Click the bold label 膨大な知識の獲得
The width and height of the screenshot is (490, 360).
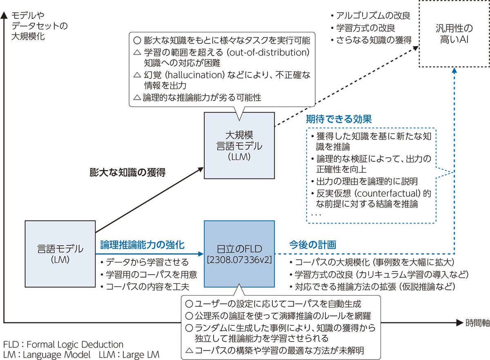[x=127, y=172]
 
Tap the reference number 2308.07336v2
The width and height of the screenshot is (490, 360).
[x=239, y=260]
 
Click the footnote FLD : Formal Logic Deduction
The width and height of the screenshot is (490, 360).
[x=63, y=344]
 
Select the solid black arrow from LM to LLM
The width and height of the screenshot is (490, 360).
[x=149, y=199]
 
